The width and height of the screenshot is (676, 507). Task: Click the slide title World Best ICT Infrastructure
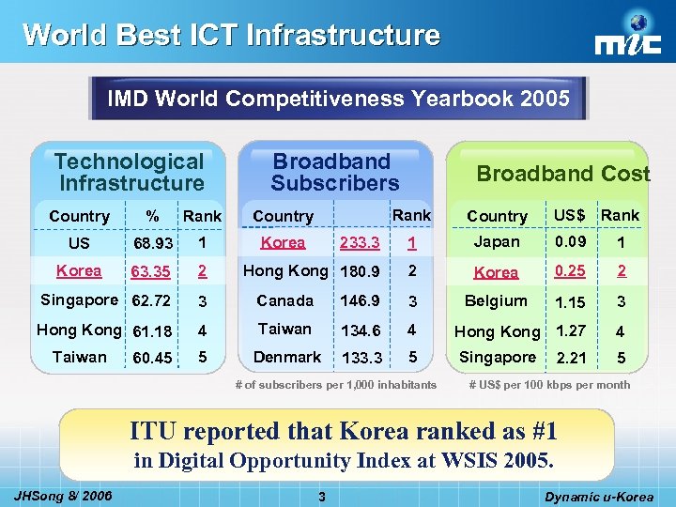(x=231, y=35)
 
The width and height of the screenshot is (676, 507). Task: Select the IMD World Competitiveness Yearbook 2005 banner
(x=338, y=99)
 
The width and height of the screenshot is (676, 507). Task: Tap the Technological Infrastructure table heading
(x=130, y=173)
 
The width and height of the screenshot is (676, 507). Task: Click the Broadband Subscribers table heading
(x=334, y=173)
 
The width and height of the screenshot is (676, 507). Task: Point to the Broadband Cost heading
(x=562, y=174)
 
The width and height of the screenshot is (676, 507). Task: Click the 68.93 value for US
(x=152, y=244)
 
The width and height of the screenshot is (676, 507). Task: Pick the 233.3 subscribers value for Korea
(x=361, y=243)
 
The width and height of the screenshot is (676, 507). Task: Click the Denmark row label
(x=287, y=358)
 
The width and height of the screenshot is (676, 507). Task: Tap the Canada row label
(x=285, y=301)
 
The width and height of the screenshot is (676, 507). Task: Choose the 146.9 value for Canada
(x=361, y=301)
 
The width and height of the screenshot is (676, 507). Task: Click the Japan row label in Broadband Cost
(x=497, y=242)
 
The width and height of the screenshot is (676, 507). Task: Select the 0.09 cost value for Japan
(x=571, y=242)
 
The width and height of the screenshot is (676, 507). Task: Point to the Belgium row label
(x=496, y=301)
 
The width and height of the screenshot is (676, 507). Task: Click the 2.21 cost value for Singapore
(x=571, y=359)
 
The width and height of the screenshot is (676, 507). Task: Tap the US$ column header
(x=569, y=215)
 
